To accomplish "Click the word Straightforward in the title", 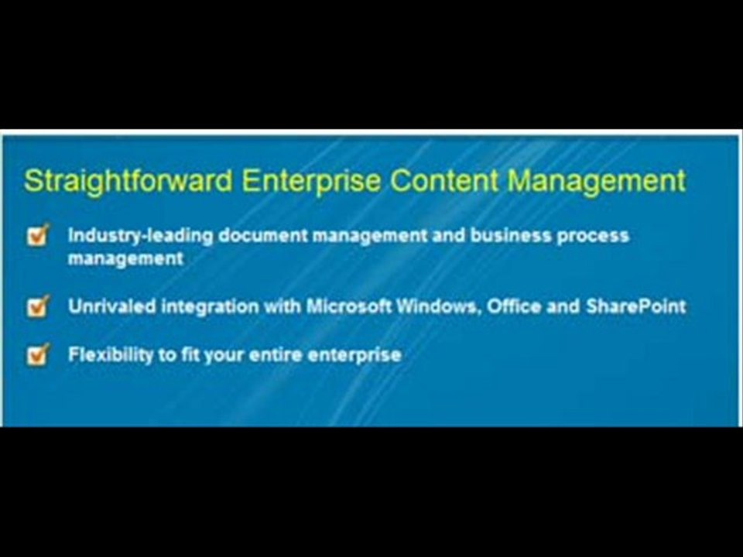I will click(x=128, y=181).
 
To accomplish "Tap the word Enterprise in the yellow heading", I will click(x=311, y=181).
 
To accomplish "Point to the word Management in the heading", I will click(x=597, y=181).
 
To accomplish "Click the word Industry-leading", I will click(x=139, y=235).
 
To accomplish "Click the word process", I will click(x=597, y=236).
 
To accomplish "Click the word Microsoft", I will click(x=348, y=306).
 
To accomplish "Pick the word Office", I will click(x=512, y=306).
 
